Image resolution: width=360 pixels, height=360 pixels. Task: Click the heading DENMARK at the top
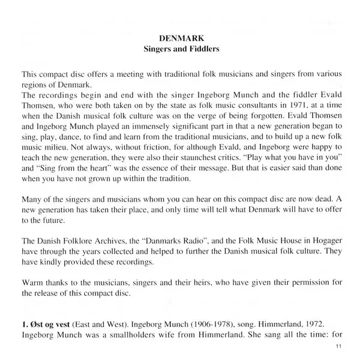180,38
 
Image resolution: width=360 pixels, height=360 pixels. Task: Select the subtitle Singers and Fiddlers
180,49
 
